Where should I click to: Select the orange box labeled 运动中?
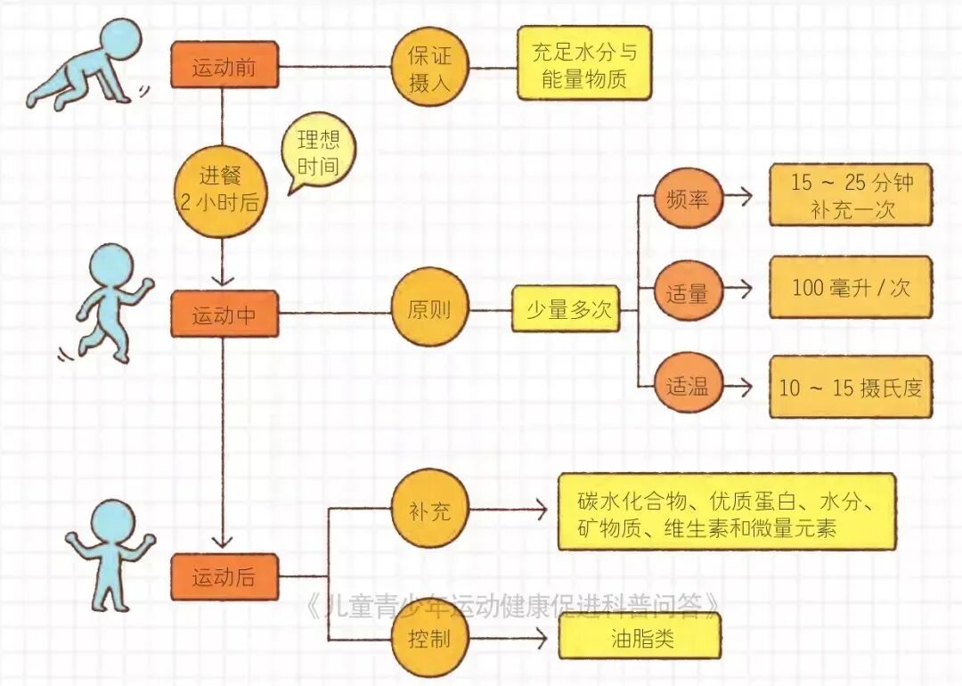(x=224, y=314)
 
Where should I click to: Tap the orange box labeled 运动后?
(x=224, y=576)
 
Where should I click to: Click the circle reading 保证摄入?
(x=429, y=69)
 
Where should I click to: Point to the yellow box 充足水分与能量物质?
(x=584, y=66)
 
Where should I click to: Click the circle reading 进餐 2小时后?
(x=222, y=190)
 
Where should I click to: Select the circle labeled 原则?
(x=429, y=312)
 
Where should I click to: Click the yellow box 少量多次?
(x=566, y=311)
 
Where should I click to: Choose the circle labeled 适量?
(x=688, y=292)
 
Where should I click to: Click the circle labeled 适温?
(x=688, y=388)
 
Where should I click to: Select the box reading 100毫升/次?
(x=851, y=288)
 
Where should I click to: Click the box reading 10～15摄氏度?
(x=851, y=388)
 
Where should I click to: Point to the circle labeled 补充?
(x=429, y=511)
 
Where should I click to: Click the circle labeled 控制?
(x=429, y=640)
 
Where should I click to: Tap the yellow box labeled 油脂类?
(x=640, y=639)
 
